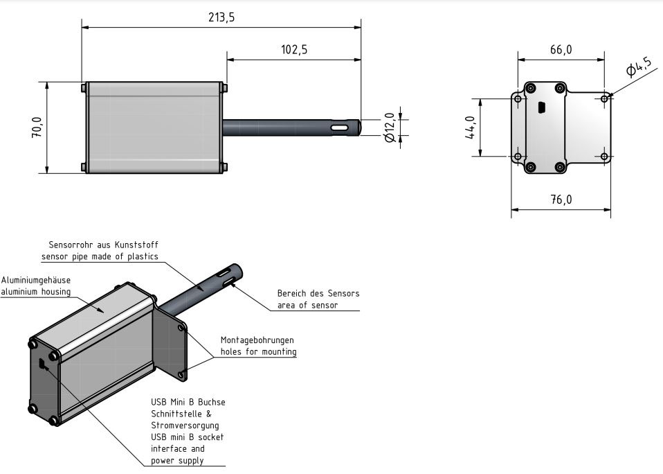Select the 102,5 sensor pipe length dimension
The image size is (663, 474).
(x=294, y=50)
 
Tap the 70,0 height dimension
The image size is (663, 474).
(x=37, y=128)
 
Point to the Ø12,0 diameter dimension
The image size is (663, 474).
(x=390, y=128)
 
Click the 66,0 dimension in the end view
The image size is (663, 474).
(x=561, y=50)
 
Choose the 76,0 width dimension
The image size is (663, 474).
(x=561, y=200)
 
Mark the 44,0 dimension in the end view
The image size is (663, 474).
(x=470, y=128)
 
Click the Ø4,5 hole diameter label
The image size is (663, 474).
(x=638, y=67)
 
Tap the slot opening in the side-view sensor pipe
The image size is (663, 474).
(x=340, y=128)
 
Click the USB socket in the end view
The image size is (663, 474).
(x=541, y=107)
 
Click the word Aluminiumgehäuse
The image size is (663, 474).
(x=35, y=280)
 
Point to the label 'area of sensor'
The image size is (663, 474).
(x=307, y=305)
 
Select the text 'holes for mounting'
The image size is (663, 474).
(x=258, y=351)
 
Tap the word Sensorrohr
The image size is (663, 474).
(x=69, y=245)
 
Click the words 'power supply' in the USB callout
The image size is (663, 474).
(x=177, y=461)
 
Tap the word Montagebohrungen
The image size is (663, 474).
(x=257, y=340)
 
